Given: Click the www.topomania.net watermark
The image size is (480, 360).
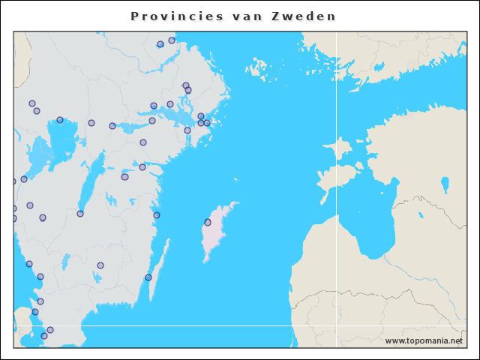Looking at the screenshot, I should point(424,341).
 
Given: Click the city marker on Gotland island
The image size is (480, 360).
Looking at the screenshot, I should point(208,222).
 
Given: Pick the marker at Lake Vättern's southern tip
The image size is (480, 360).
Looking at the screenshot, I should point(80,214).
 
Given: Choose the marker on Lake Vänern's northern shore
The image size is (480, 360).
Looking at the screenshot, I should point(60,120).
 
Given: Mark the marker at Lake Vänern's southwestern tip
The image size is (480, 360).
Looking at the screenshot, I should point(24,179).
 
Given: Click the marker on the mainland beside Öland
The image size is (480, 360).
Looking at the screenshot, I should point(148,277).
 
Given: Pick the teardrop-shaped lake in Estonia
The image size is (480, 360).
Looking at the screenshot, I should point(445,184).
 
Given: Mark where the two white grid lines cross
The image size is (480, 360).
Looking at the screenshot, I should point(336,325).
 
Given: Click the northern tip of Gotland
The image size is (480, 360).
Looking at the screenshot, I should point(234,203).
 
